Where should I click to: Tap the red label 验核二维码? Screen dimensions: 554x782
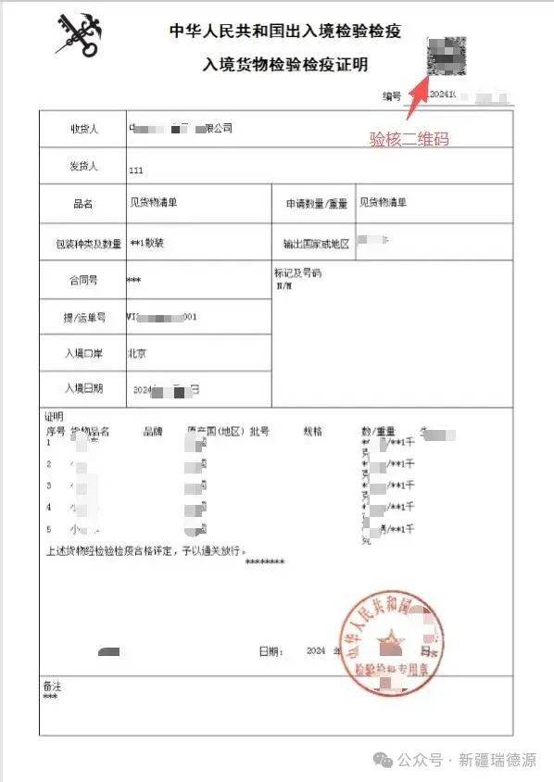coord(409,140)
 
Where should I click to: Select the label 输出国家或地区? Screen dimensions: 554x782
coord(316,245)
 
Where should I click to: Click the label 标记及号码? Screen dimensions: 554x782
coord(297,274)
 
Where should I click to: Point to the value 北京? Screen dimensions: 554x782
coord(137,353)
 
